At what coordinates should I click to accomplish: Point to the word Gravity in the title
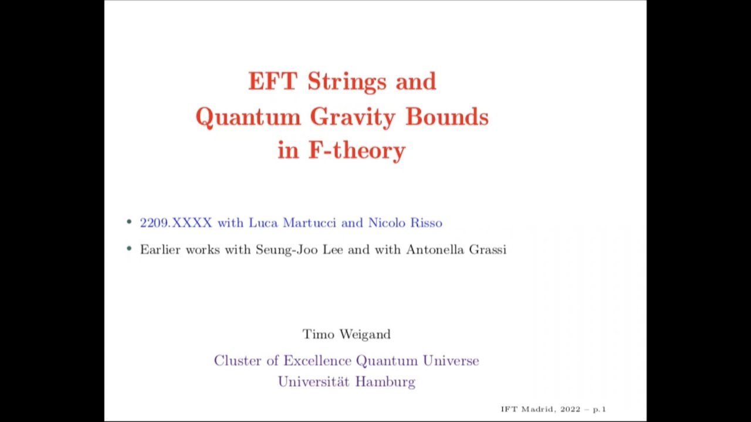click(x=353, y=117)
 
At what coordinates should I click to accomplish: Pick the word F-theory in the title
click(x=357, y=151)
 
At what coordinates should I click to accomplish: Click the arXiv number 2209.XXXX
click(x=175, y=223)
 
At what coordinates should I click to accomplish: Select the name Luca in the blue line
click(x=263, y=223)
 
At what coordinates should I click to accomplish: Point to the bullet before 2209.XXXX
click(x=129, y=222)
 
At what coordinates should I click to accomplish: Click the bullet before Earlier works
click(x=129, y=249)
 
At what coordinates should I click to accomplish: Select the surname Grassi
click(x=488, y=250)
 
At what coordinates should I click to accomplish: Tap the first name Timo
click(x=317, y=334)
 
